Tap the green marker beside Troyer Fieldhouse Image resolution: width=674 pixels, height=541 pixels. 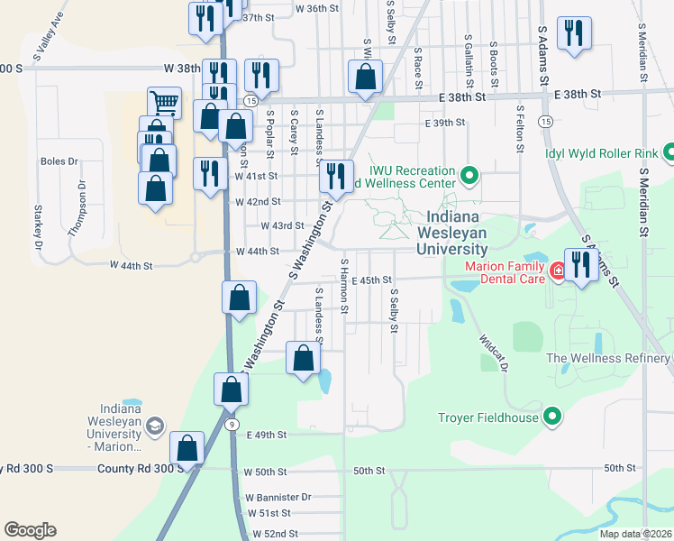(553, 417)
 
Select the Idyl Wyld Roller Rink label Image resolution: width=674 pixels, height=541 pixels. (601, 152)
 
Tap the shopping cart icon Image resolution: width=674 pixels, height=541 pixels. (164, 102)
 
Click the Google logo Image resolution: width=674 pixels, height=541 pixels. (30, 530)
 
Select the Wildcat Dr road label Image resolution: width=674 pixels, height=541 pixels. (494, 354)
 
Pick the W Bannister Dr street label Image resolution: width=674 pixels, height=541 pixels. (278, 497)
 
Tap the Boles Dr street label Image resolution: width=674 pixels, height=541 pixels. (59, 161)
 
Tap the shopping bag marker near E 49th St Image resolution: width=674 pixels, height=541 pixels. (187, 447)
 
